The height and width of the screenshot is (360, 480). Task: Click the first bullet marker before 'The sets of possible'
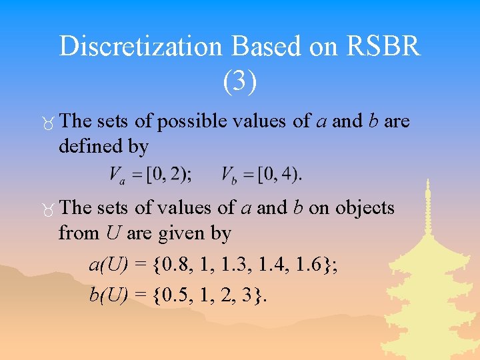[46, 123]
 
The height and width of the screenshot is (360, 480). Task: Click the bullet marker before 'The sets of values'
[46, 209]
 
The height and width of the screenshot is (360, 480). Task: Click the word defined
[91, 145]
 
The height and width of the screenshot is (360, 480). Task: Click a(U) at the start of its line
[109, 265]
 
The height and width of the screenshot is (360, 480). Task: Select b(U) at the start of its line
[109, 295]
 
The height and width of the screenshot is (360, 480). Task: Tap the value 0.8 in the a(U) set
[173, 265]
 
